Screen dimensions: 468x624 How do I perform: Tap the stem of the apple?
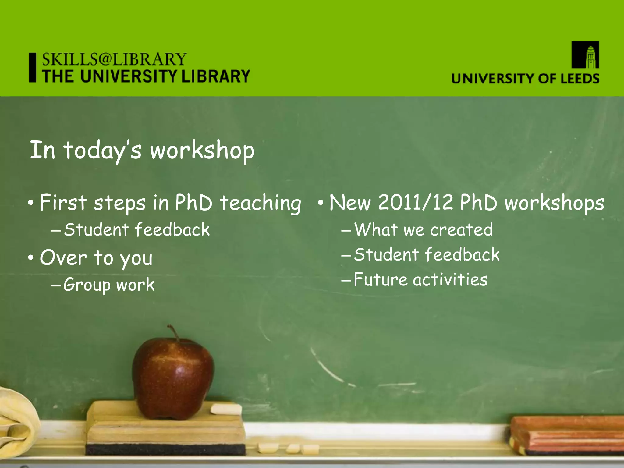click(174, 332)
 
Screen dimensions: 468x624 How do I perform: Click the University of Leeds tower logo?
click(585, 55)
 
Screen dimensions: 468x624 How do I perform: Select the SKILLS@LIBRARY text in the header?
click(114, 59)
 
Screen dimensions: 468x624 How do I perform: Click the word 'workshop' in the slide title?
click(202, 151)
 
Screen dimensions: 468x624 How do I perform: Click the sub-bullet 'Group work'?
click(109, 285)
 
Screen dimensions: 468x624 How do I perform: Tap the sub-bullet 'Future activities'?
click(420, 280)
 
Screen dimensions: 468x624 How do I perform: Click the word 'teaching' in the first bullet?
click(261, 203)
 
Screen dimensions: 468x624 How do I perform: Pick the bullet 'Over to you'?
click(96, 258)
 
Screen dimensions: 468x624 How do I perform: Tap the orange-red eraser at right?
click(567, 436)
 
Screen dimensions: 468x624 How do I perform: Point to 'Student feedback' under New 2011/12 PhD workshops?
click(427, 255)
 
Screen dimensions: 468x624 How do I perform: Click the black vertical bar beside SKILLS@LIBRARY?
click(33, 67)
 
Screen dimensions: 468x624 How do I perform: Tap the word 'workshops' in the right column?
click(554, 203)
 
